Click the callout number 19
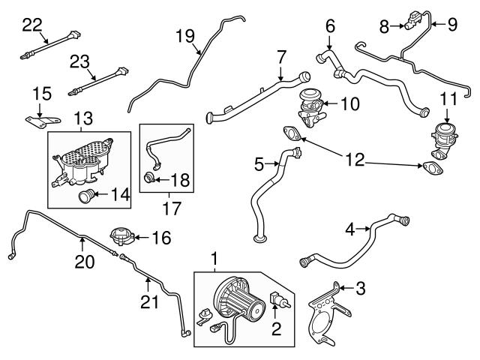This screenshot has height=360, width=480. coord(185,35)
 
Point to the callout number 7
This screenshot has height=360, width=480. coord(281,57)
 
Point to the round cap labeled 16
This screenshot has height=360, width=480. coord(121,237)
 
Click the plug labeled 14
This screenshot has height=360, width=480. coord(87,198)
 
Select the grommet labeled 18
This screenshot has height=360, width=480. coord(149,180)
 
